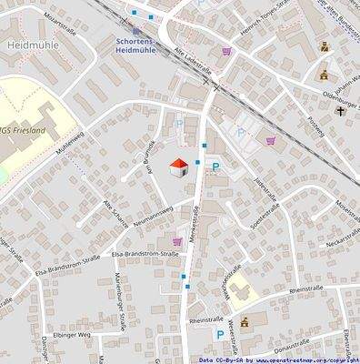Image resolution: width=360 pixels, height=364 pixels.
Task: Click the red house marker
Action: coord(178,167)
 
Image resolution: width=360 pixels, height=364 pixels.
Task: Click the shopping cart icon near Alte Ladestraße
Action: coord(225,51)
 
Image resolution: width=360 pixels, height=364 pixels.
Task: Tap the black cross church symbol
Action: coord(340,112)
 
